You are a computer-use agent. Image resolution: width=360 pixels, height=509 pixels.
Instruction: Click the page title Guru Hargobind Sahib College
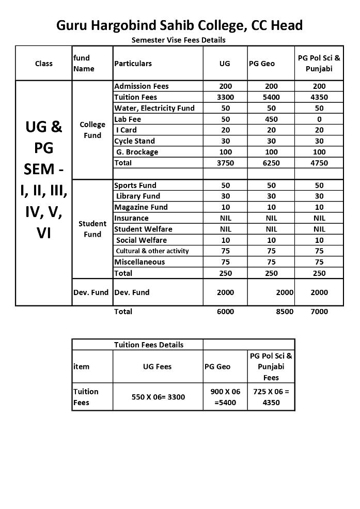point(179,25)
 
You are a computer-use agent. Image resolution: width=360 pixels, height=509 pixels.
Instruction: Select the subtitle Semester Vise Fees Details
point(178,40)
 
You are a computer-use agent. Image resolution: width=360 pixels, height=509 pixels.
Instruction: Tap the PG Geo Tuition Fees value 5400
point(271,97)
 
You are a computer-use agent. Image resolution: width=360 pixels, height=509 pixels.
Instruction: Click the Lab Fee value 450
point(271,119)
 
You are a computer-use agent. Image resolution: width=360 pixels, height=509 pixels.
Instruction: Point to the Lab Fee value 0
point(319,119)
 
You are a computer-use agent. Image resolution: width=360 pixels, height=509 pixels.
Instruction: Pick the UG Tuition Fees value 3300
point(225,97)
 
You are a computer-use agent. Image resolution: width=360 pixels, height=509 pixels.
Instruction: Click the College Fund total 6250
point(271,163)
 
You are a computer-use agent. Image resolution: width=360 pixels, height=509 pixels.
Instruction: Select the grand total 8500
point(284,312)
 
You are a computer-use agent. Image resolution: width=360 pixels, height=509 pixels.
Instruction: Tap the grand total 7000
point(319,312)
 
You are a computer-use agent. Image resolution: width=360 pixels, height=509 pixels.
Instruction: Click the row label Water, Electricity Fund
point(154,108)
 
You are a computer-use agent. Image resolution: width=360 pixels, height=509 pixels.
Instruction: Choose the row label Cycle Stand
point(134,141)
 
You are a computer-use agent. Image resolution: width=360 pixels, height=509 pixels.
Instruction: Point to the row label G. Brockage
point(137,152)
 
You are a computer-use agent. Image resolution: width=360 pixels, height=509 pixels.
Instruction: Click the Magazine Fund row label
point(140,207)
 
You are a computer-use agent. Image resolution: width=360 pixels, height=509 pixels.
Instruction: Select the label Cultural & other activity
point(152,251)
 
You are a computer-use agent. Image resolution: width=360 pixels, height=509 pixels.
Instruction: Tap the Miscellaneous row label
point(139,262)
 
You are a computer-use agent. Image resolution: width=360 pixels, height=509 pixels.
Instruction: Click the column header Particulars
point(133,64)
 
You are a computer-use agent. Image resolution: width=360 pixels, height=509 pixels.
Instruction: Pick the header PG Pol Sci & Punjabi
point(319,63)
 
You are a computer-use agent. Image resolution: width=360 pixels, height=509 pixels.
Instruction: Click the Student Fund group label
point(92,229)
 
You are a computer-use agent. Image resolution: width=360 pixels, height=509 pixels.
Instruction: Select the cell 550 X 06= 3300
point(158,397)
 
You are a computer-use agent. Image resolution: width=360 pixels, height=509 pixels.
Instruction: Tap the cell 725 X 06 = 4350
point(271,397)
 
